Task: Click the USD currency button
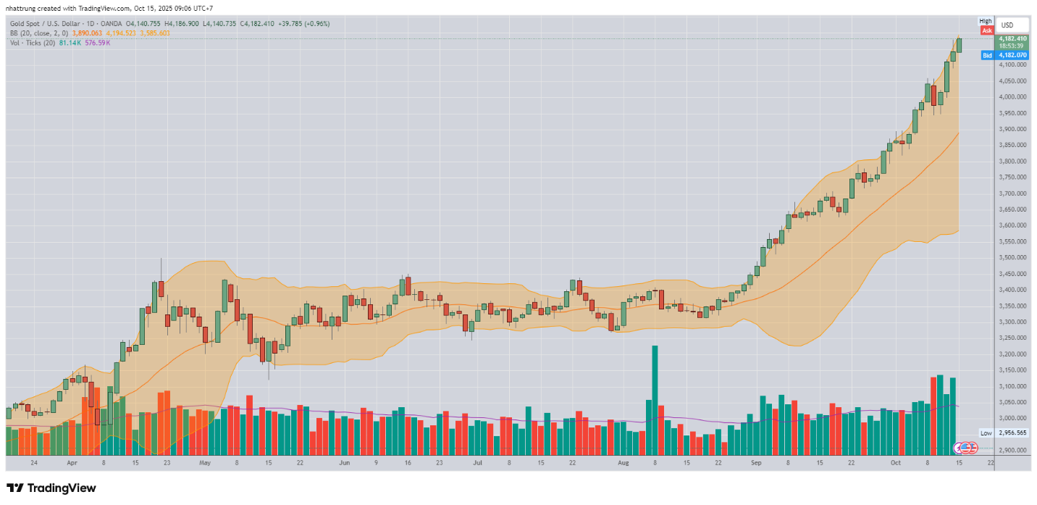[1007, 25]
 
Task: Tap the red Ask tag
[986, 30]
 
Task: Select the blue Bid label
[986, 55]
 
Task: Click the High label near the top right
[986, 21]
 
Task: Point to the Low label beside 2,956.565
[986, 433]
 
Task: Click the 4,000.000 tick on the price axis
[1012, 96]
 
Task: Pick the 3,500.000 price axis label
[1012, 257]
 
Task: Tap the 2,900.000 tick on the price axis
[1012, 450]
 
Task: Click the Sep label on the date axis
[756, 462]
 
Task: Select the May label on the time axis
[204, 462]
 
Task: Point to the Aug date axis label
[624, 462]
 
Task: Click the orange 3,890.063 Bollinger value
[86, 33]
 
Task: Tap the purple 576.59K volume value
[98, 43]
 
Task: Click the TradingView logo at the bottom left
[51, 488]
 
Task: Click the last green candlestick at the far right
[960, 45]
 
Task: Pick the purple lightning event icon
[960, 448]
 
